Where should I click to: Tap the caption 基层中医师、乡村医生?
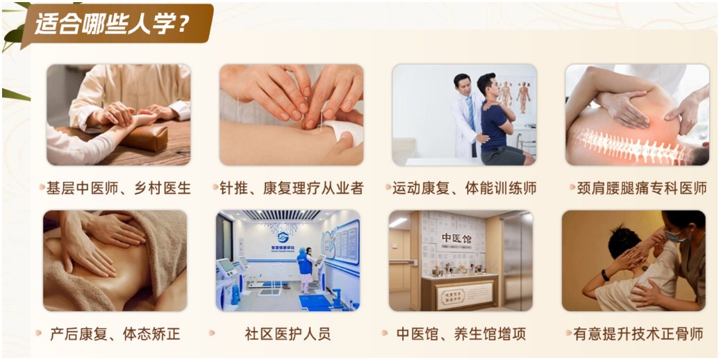pyautogui.click(x=118, y=188)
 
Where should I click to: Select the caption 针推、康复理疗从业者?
pyautogui.click(x=291, y=188)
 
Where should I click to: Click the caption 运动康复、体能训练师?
pyautogui.click(x=464, y=188)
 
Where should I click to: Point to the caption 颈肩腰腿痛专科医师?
pyautogui.click(x=641, y=188)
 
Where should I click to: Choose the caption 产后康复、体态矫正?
pyautogui.click(x=115, y=334)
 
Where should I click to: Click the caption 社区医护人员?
pyautogui.click(x=288, y=334)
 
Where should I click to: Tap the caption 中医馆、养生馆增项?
pyautogui.click(x=461, y=334)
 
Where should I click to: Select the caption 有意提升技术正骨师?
pyautogui.click(x=638, y=334)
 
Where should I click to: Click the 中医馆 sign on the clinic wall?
pyautogui.click(x=456, y=238)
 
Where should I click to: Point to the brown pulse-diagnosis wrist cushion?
pyautogui.click(x=142, y=137)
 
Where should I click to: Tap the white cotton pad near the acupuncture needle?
pyautogui.click(x=341, y=131)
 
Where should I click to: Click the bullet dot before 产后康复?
pyautogui.click(x=39, y=334)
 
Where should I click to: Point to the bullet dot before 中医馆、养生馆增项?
pyautogui.click(x=384, y=334)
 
